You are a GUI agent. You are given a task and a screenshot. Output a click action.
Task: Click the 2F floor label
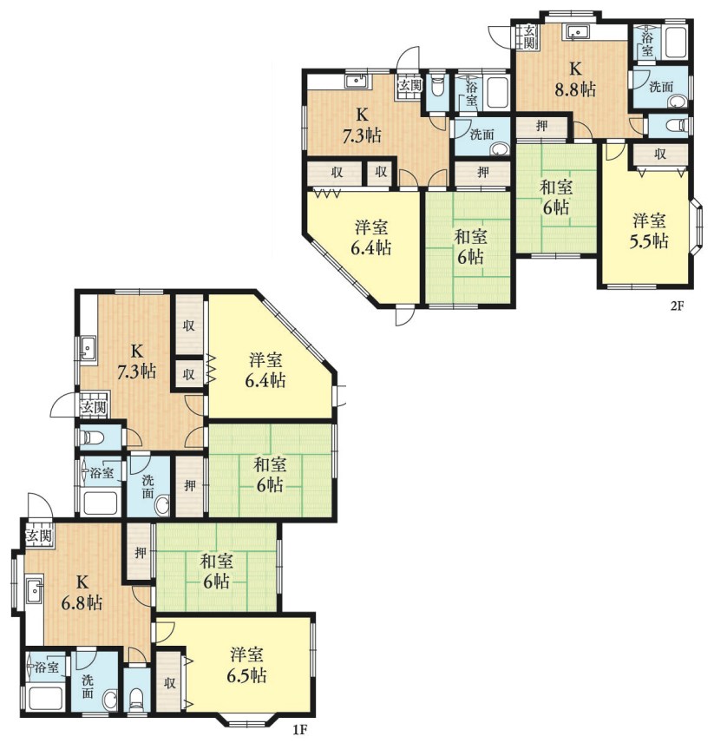tap(677, 306)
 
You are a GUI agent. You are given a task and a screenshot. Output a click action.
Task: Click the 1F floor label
tap(299, 730)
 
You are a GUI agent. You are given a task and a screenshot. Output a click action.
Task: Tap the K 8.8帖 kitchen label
tap(575, 79)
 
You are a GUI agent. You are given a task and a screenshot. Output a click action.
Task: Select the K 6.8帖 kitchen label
tap(82, 592)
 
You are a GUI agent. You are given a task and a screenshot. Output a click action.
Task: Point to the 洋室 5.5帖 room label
tap(649, 231)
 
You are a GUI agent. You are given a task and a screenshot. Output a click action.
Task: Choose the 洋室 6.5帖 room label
tap(246, 665)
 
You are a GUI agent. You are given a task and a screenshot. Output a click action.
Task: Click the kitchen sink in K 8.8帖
tap(576, 32)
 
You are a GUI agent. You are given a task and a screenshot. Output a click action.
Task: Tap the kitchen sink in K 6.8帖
tap(35, 590)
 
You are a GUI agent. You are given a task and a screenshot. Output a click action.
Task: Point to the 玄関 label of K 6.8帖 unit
tap(38, 536)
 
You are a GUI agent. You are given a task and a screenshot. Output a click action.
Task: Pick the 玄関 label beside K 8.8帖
tap(529, 37)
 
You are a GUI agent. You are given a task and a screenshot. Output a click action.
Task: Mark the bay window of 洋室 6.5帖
tap(246, 719)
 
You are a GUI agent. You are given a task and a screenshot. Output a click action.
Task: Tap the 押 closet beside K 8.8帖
tap(541, 127)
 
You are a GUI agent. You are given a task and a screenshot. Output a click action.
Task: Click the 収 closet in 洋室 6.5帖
tap(169, 682)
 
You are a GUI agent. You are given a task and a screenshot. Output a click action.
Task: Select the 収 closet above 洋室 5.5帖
tap(660, 154)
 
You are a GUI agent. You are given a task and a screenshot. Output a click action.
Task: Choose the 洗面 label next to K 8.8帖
tap(661, 87)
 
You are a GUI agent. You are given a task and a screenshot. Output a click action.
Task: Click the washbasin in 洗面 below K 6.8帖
tap(111, 700)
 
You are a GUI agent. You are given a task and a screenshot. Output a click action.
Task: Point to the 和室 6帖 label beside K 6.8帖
tap(216, 571)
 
